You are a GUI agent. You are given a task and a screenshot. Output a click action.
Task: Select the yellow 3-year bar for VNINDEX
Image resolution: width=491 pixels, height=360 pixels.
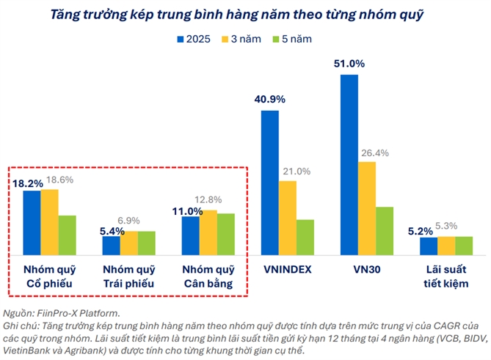click(x=288, y=218)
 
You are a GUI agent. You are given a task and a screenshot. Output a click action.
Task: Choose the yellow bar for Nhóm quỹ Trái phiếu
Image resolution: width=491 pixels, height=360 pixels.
click(x=128, y=243)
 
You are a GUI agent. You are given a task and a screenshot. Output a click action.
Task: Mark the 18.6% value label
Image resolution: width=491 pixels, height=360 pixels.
click(x=60, y=179)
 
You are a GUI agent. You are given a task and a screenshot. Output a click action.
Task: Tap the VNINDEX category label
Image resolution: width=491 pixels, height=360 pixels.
click(x=288, y=269)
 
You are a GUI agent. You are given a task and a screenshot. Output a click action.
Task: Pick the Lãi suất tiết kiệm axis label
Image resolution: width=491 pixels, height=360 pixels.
click(x=446, y=276)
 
